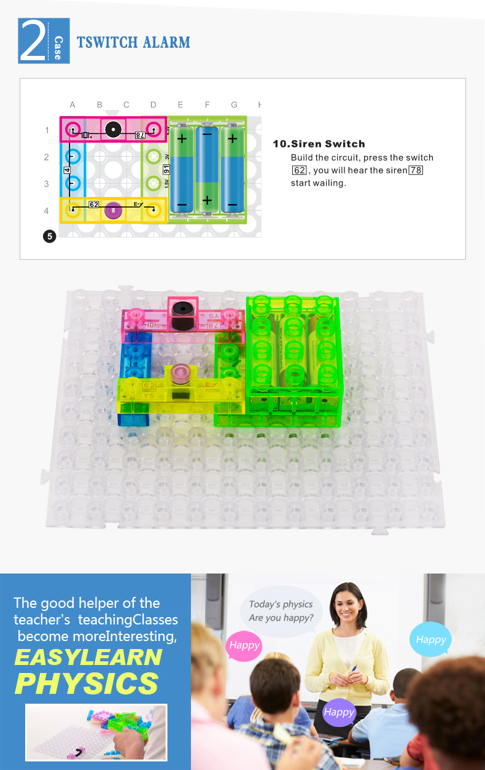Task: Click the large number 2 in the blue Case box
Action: tap(33, 41)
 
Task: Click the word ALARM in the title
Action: tap(166, 42)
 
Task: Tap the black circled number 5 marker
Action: tap(50, 236)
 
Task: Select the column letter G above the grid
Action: tap(234, 104)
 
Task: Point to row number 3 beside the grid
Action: tap(47, 184)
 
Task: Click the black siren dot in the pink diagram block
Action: tap(113, 130)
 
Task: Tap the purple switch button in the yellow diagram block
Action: tap(113, 211)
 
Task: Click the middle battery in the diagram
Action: tap(207, 169)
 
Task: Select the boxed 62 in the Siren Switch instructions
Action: tap(299, 170)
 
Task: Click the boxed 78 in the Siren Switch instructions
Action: tap(416, 170)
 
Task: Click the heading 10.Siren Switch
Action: tap(319, 144)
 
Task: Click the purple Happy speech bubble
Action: tap(338, 712)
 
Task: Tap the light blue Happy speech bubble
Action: tap(430, 639)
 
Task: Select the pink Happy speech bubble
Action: tap(244, 646)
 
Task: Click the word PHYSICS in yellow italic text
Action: tap(87, 683)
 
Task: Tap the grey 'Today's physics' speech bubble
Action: tap(281, 611)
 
